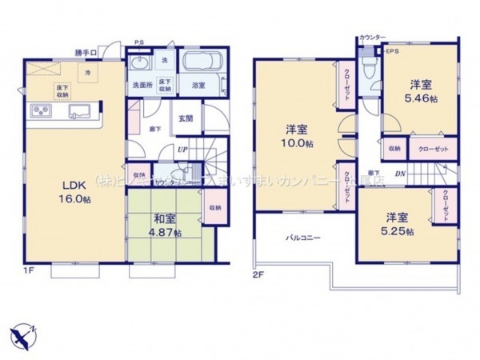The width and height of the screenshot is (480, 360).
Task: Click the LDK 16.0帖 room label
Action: tap(70, 191)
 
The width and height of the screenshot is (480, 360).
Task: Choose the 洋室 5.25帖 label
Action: tap(398, 224)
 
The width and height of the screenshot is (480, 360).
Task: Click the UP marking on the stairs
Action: tap(182, 150)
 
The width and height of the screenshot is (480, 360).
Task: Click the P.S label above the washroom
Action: tap(138, 43)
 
